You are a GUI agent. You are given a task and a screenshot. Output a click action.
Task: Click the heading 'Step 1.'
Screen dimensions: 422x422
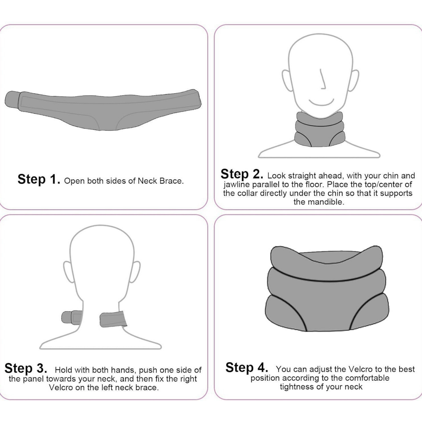[x=39, y=179]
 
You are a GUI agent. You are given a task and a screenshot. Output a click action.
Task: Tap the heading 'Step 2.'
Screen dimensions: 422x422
[x=242, y=174]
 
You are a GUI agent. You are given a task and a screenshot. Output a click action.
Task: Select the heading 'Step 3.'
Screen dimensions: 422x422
[x=26, y=368]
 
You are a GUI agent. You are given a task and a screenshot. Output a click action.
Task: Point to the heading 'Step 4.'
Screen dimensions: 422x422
[x=246, y=368]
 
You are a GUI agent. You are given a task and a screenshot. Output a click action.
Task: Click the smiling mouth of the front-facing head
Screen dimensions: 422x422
[x=321, y=103]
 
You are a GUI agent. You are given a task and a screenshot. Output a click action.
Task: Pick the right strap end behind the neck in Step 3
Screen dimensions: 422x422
[x=113, y=320]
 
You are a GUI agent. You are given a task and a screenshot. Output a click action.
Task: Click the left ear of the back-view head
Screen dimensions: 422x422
[x=69, y=272]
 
